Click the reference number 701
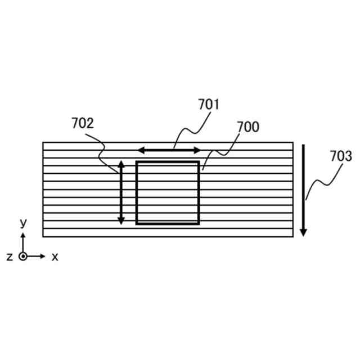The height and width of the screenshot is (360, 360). [208, 105]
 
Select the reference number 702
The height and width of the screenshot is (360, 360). [83, 123]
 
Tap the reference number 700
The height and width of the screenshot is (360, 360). [247, 127]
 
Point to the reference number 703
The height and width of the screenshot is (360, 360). [341, 156]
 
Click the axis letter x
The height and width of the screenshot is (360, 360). [55, 256]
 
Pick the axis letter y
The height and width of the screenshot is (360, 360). [23, 223]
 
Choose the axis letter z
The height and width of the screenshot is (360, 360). [10, 256]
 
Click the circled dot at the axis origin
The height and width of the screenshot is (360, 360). [23, 256]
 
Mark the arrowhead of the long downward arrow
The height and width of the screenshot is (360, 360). [303, 232]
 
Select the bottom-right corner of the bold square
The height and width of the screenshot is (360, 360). [199, 223]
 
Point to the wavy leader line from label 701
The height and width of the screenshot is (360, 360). [191, 130]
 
